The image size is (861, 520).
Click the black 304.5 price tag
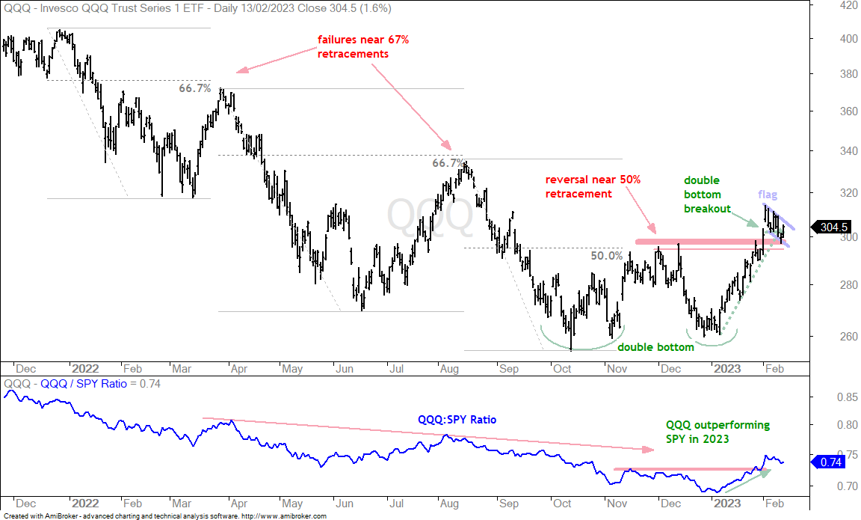(x=831, y=227)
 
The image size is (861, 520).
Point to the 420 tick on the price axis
(x=848, y=5)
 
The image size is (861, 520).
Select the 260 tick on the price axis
(x=848, y=337)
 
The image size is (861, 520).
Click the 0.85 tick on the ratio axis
(x=847, y=397)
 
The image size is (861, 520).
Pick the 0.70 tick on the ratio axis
(x=847, y=486)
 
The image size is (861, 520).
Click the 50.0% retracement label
(x=607, y=256)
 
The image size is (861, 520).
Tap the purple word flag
(x=768, y=195)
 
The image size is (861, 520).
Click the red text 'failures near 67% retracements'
(x=363, y=46)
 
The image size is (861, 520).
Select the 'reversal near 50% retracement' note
(x=593, y=186)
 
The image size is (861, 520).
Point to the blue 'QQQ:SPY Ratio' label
(x=457, y=420)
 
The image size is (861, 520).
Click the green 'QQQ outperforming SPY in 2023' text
(x=717, y=432)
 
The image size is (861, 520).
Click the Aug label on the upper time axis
(x=449, y=368)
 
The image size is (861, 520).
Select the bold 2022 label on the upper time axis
(x=85, y=368)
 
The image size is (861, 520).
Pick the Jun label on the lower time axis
(x=344, y=503)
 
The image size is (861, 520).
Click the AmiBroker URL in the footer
(x=284, y=516)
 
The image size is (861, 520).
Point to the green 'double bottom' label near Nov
(x=655, y=347)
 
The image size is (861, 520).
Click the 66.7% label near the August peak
(x=448, y=162)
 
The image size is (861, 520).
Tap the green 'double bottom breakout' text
(x=707, y=195)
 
